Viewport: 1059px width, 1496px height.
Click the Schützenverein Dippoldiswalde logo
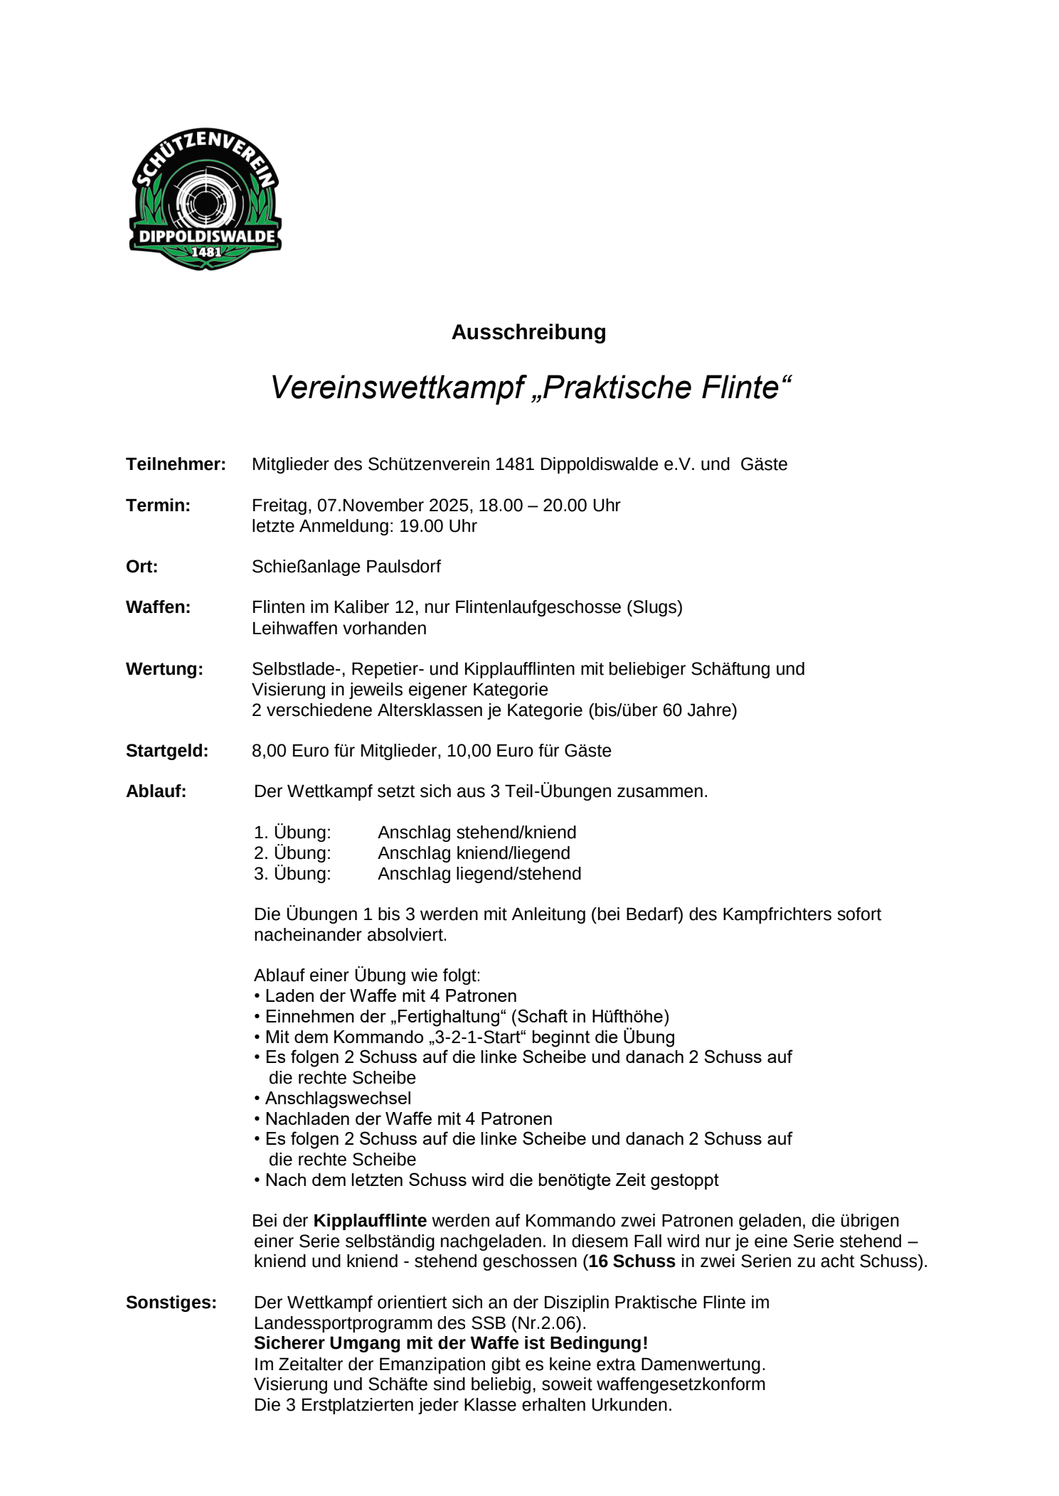click(x=205, y=198)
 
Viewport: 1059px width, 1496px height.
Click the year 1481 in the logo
click(x=206, y=252)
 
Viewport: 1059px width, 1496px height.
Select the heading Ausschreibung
click(x=528, y=332)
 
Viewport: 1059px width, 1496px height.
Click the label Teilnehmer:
click(x=176, y=464)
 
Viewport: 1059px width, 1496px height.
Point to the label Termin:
click(x=158, y=506)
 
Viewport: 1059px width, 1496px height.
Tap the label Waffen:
click(x=158, y=607)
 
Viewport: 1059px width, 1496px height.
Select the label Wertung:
click(x=164, y=669)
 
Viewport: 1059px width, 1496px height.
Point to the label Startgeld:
click(x=167, y=751)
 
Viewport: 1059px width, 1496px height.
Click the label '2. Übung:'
click(x=292, y=853)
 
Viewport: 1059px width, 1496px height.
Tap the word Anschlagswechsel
click(x=338, y=1099)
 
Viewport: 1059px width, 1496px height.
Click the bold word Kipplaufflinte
click(x=370, y=1221)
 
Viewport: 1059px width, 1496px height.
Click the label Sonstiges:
click(x=171, y=1303)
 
